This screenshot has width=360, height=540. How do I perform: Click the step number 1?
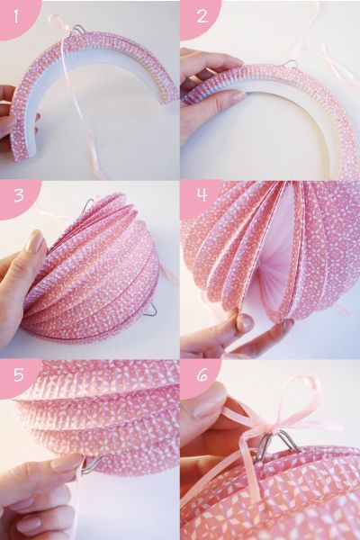pos(16,16)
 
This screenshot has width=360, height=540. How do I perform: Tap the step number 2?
pos(202,16)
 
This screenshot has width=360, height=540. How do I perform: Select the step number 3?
pos(19,195)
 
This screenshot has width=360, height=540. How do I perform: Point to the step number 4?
pos(202,195)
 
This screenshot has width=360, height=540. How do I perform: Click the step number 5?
pos(19,375)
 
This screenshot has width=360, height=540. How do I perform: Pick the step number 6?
pos(202,375)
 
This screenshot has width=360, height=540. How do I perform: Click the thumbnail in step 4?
pos(247,320)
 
